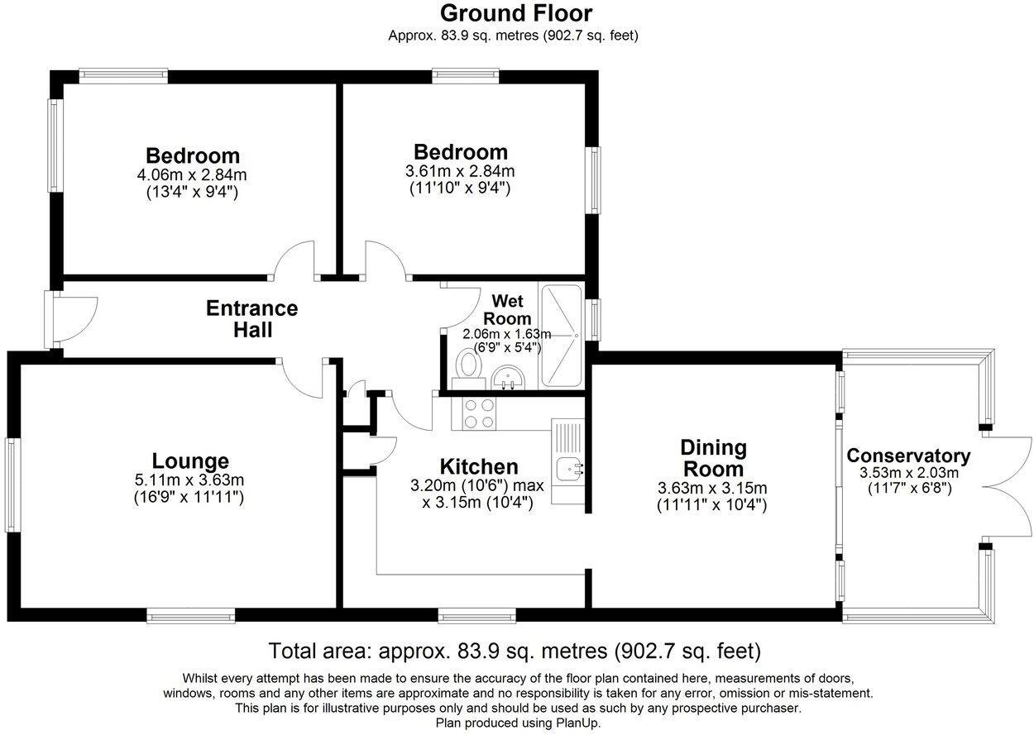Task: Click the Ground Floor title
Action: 515,13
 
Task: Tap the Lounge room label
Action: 190,461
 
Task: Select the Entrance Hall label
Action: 251,318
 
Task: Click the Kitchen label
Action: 479,467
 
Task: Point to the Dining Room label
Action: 712,458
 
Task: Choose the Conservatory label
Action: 907,456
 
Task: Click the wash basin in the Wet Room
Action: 507,379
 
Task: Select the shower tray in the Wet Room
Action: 561,336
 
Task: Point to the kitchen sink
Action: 569,469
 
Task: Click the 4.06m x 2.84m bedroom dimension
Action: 193,175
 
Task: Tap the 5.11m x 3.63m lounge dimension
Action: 190,480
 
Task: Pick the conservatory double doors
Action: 1008,486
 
